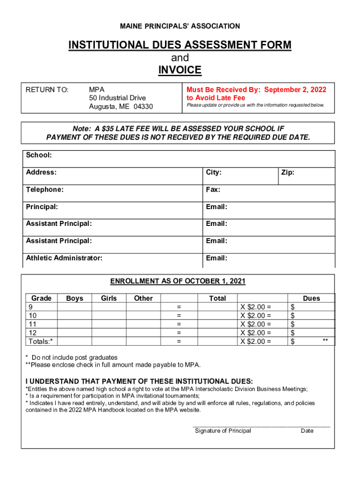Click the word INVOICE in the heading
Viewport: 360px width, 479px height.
[180, 70]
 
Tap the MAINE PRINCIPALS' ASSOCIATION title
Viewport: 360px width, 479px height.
[180, 26]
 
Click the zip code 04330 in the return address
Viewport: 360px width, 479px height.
[143, 107]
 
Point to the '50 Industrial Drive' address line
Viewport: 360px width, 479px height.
[117, 98]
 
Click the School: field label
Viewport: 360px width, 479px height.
[39, 155]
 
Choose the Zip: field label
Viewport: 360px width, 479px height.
[288, 173]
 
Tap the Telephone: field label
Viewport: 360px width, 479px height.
[45, 189]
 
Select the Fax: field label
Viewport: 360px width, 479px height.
[213, 189]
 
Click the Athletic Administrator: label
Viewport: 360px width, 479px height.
[64, 258]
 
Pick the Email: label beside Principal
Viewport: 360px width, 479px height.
[216, 207]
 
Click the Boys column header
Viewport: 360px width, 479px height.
[75, 298]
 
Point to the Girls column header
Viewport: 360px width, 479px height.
[109, 298]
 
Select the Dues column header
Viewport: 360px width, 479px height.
[311, 298]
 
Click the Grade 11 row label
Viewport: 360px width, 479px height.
[33, 324]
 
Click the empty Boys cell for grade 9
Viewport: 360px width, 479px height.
[75, 307]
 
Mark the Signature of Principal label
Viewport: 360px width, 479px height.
[223, 431]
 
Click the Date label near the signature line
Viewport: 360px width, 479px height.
[307, 431]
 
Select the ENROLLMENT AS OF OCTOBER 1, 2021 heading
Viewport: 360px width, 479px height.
[178, 281]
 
